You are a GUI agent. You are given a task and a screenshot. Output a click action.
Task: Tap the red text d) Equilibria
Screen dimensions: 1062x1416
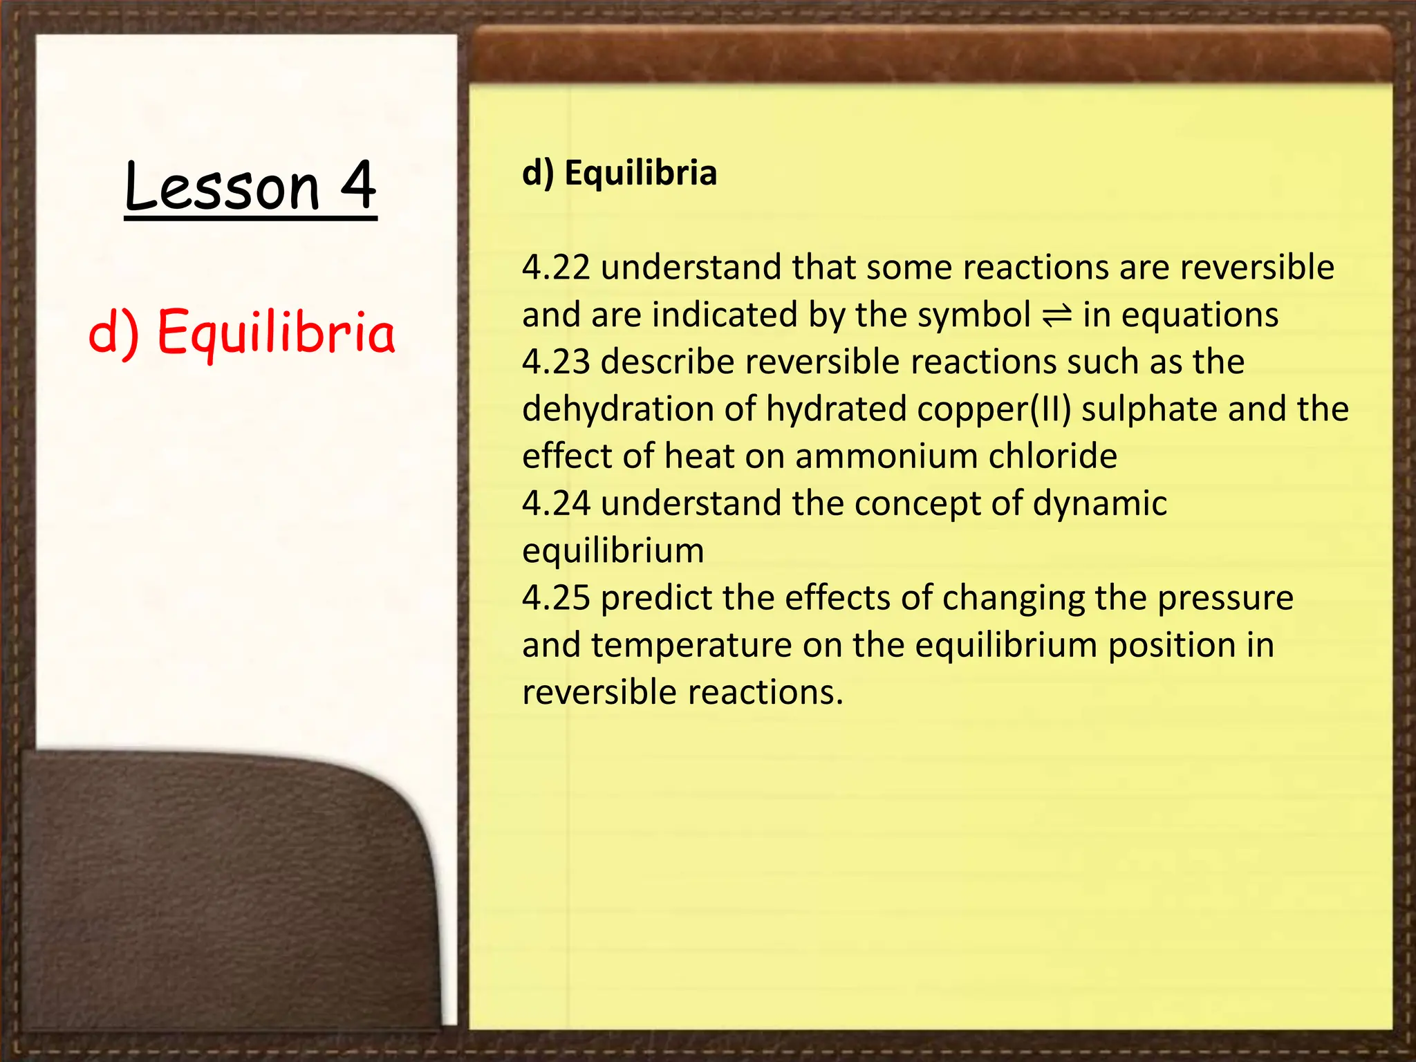pyautogui.click(x=242, y=332)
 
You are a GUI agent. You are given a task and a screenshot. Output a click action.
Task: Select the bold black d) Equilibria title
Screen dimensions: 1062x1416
pyautogui.click(x=619, y=173)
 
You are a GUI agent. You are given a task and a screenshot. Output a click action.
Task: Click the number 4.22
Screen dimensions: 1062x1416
pyautogui.click(x=556, y=268)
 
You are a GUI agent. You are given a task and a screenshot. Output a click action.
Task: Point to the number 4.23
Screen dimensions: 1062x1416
pyautogui.click(x=556, y=362)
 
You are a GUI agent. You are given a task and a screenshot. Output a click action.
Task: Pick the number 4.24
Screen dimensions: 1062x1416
pyautogui.click(x=556, y=503)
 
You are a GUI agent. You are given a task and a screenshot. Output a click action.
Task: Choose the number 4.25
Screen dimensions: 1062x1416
pyautogui.click(x=556, y=598)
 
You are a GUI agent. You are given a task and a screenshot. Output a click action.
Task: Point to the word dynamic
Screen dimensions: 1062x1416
pyautogui.click(x=1099, y=503)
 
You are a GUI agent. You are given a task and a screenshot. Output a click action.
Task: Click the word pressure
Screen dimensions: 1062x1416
pyautogui.click(x=1225, y=598)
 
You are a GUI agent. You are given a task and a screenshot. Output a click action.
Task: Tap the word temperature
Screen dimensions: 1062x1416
pyautogui.click(x=691, y=646)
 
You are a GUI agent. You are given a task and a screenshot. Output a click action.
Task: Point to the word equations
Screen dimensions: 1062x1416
pyautogui.click(x=1200, y=316)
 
